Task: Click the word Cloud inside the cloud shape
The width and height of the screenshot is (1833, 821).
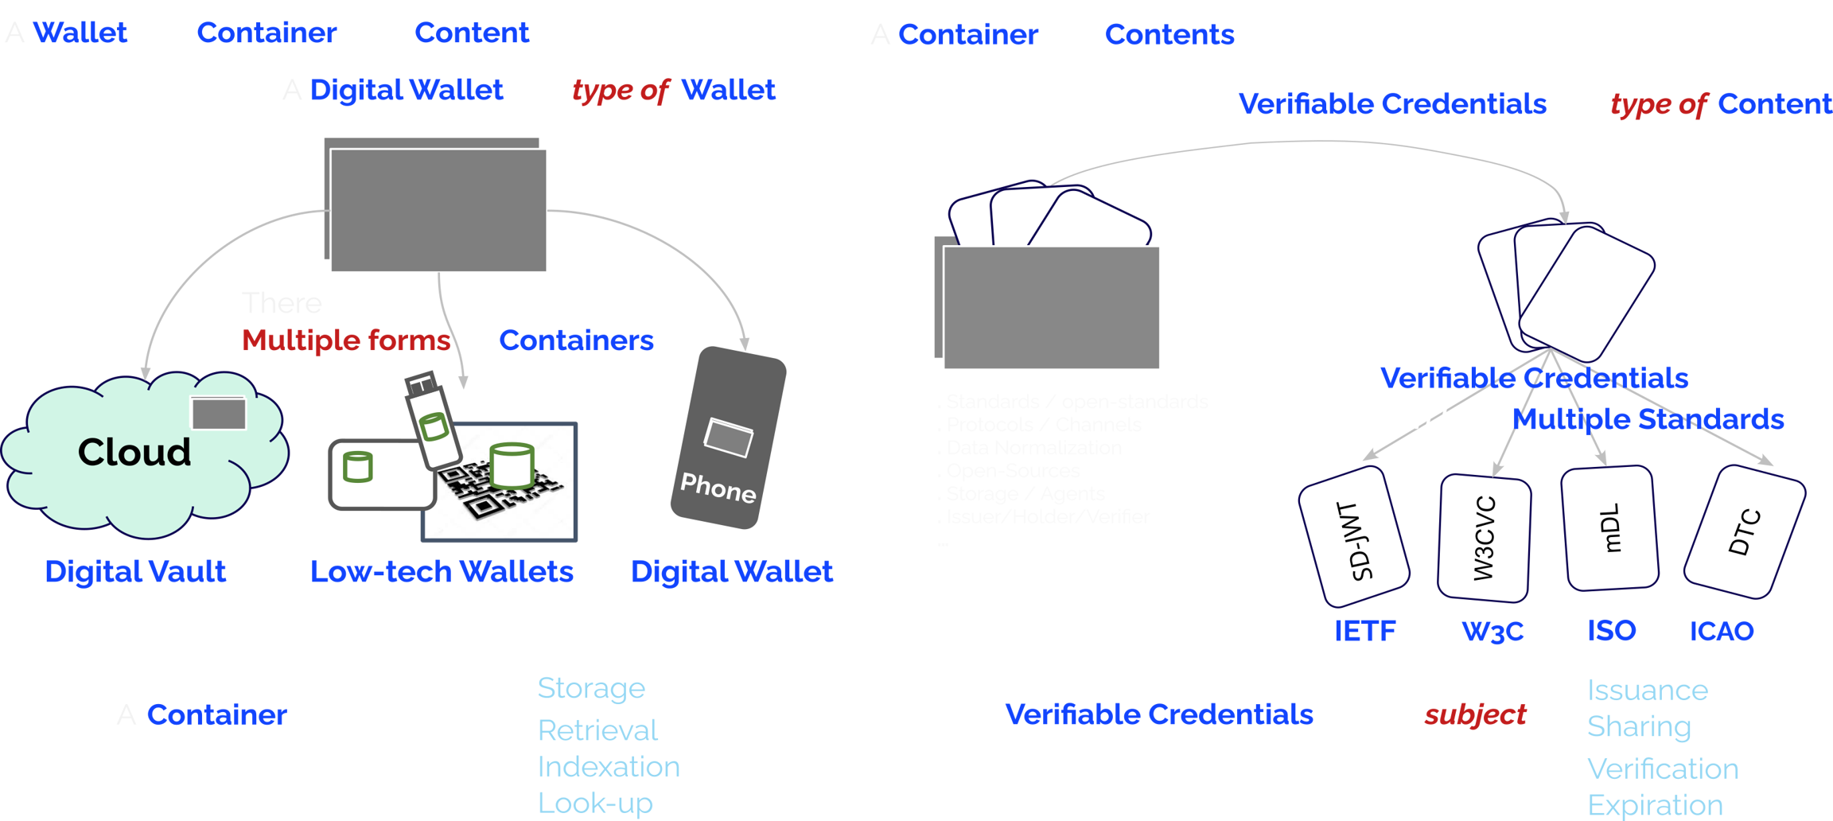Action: tap(134, 453)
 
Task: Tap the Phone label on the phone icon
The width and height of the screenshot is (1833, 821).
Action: tap(718, 487)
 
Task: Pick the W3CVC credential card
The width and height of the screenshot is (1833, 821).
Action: tap(1485, 538)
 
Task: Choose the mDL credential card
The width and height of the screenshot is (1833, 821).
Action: tap(1611, 528)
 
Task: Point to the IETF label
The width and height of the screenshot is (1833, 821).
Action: tap(1364, 632)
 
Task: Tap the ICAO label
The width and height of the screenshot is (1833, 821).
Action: tap(1722, 632)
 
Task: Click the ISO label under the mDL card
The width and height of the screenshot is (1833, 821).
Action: tap(1612, 631)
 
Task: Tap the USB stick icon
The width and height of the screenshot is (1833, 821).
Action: tap(432, 421)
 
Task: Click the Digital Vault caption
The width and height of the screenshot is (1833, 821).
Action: tap(135, 571)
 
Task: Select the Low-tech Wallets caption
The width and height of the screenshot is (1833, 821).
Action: tap(442, 571)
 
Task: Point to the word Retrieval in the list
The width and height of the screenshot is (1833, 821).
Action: tap(597, 730)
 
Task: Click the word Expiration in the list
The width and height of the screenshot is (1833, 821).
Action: tap(1655, 805)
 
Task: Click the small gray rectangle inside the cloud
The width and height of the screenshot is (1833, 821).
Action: tap(218, 414)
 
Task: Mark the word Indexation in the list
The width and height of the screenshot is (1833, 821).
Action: tap(609, 767)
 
